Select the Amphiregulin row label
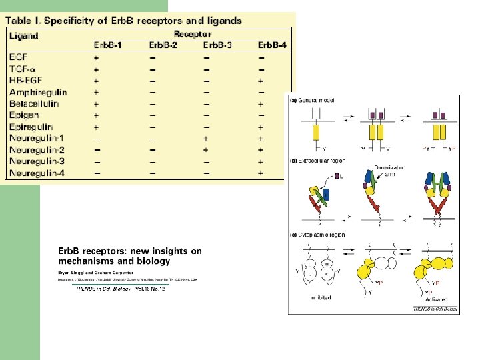click(x=38, y=92)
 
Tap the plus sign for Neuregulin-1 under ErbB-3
click(x=207, y=138)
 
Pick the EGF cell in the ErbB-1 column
click(x=97, y=58)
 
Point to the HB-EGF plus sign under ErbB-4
click(x=261, y=81)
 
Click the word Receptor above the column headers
click(x=193, y=33)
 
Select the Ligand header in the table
click(x=24, y=36)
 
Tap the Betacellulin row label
click(x=34, y=104)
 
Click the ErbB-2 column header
click(x=164, y=45)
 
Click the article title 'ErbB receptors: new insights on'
click(x=130, y=251)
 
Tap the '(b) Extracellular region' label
click(x=319, y=161)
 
